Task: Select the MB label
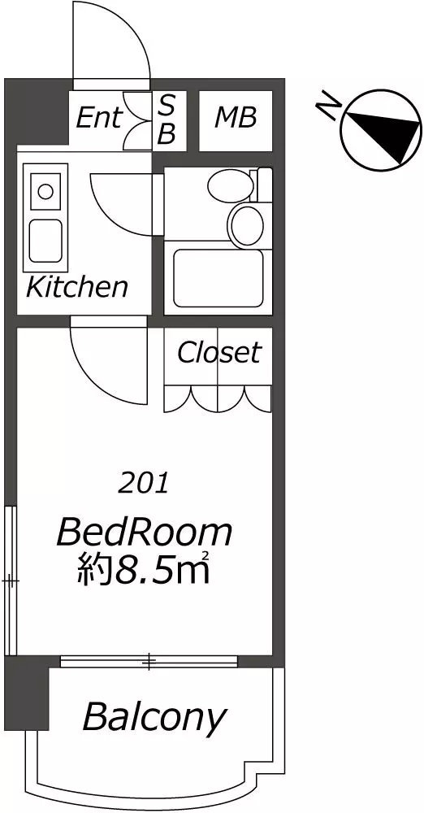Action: pyautogui.click(x=236, y=118)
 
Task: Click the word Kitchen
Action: pyautogui.click(x=76, y=287)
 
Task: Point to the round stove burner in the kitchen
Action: pyautogui.click(x=45, y=192)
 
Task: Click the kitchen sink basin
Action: pyautogui.click(x=45, y=241)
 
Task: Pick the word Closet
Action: pyautogui.click(x=218, y=353)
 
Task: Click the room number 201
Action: pyautogui.click(x=144, y=484)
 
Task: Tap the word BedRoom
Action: pyautogui.click(x=144, y=533)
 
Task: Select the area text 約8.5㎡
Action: pyautogui.click(x=143, y=569)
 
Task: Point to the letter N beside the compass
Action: pyautogui.click(x=329, y=107)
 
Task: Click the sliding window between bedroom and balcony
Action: pyautogui.click(x=149, y=662)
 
